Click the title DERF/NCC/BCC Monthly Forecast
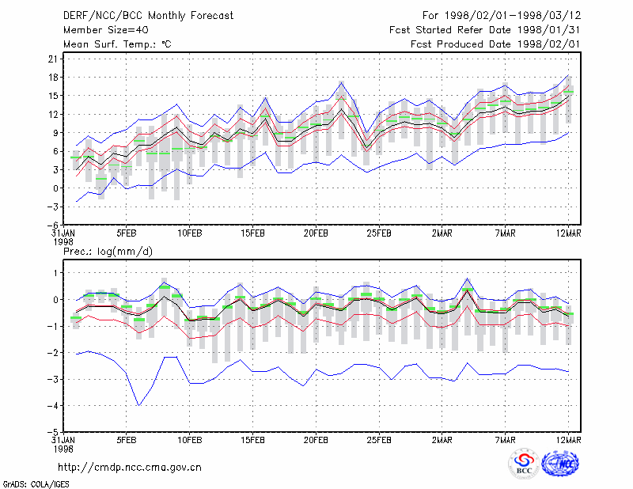pos(148,16)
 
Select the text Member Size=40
pos(106,30)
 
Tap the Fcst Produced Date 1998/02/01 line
pos(495,44)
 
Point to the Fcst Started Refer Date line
pos(484,30)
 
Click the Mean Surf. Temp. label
pos(117,44)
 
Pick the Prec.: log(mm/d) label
pos(108,252)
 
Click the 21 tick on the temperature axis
pos(53,59)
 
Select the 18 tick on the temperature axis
pos(53,77)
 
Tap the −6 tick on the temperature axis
pos(53,225)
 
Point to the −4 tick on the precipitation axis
pos(53,406)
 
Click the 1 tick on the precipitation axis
pos(55,273)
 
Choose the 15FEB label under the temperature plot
pos(252,233)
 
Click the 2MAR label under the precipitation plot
pos(442,440)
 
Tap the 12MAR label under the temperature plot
pos(568,233)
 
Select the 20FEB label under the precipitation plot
pos(316,440)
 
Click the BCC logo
pos(524,464)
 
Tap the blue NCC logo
pos(560,464)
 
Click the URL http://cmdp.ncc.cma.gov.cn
pos(130,468)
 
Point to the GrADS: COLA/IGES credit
pos(36,484)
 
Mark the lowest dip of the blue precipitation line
pos(139,405)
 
